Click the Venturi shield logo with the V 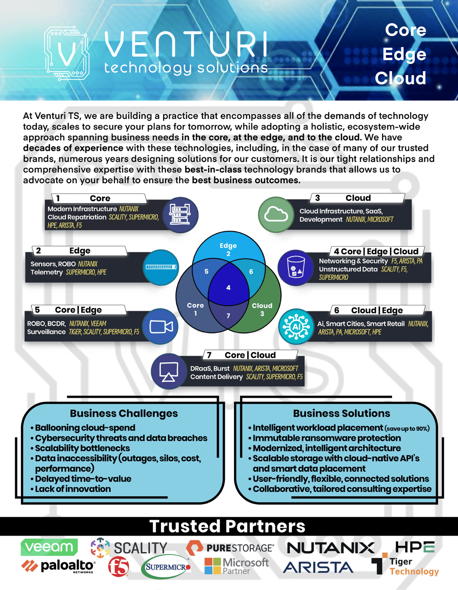(67, 53)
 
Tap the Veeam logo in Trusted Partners (49, 546)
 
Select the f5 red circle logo (119, 567)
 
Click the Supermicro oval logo (166, 567)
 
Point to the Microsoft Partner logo (237, 566)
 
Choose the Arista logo (318, 567)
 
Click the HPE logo (415, 547)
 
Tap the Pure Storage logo (230, 548)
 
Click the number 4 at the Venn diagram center (228, 288)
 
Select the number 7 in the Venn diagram (228, 316)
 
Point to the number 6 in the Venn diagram (251, 272)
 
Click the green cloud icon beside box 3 (276, 214)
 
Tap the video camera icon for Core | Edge (161, 327)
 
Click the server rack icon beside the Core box (180, 215)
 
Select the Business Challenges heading (124, 413)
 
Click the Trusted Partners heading (227, 526)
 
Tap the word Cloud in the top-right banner (400, 78)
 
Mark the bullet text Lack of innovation (73, 489)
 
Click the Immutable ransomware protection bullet (327, 438)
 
